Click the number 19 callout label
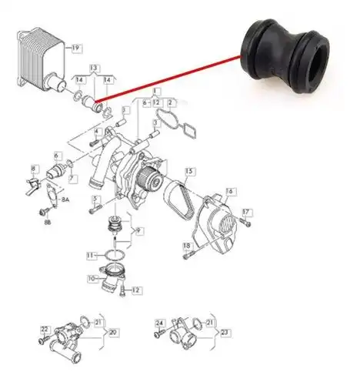click(x=77, y=49)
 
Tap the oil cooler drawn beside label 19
click(x=42, y=60)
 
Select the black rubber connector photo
click(x=285, y=56)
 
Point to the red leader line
click(x=168, y=78)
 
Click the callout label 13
click(x=94, y=69)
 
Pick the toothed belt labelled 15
click(x=178, y=197)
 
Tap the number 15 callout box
click(x=190, y=171)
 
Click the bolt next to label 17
click(x=245, y=223)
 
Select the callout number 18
click(x=187, y=246)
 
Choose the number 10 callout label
click(x=92, y=278)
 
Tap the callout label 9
click(x=138, y=232)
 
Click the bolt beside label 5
click(x=95, y=209)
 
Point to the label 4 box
click(x=96, y=132)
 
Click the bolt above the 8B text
click(x=44, y=212)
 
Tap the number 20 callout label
click(x=112, y=333)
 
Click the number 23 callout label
click(x=225, y=333)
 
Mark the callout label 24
click(x=160, y=323)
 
